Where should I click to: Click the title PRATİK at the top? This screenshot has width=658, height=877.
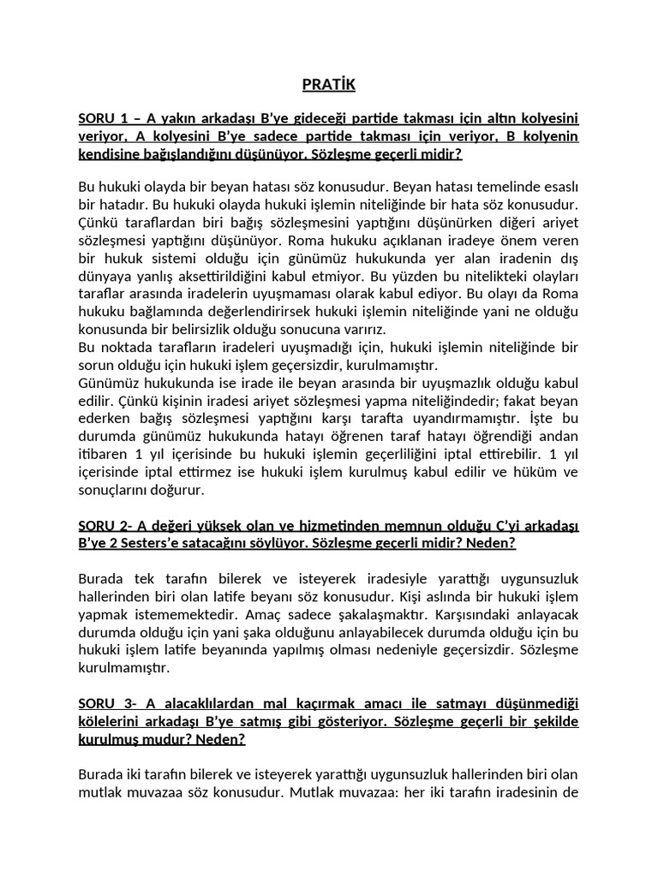tap(328, 85)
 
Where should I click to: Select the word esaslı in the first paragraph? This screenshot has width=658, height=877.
tap(558, 186)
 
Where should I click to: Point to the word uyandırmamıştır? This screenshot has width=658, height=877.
tap(457, 420)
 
